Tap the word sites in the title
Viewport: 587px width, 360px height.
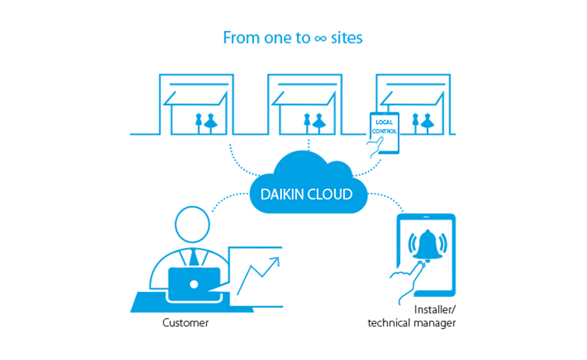[347, 38]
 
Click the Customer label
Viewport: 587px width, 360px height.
[185, 323]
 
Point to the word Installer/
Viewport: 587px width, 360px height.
[433, 308]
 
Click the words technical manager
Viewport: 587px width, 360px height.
[412, 323]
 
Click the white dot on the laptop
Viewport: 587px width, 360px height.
[193, 285]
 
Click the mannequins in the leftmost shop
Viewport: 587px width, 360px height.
[206, 122]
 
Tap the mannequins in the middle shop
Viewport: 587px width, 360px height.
[314, 122]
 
